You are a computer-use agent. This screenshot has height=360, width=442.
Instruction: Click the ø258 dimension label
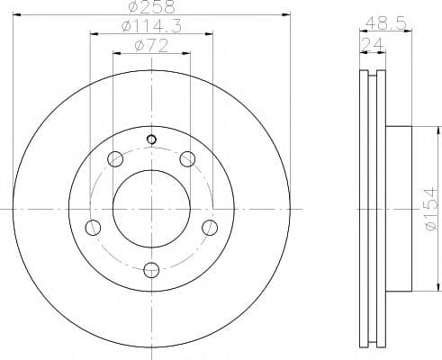point(151,6)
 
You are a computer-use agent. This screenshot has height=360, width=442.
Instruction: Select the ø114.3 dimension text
point(151,26)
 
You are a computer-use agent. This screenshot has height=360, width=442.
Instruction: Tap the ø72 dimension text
point(151,46)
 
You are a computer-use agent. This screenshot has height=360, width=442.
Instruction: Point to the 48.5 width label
point(385,23)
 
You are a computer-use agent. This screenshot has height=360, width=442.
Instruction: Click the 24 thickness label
point(373,45)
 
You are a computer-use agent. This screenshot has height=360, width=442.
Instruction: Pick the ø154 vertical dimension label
point(431,209)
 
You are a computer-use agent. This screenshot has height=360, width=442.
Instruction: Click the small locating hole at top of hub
point(151,139)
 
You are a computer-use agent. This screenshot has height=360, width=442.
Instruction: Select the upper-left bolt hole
point(115,159)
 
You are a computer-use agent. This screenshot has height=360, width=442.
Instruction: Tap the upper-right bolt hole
point(187,159)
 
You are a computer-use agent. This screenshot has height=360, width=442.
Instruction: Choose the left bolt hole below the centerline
point(93,228)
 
